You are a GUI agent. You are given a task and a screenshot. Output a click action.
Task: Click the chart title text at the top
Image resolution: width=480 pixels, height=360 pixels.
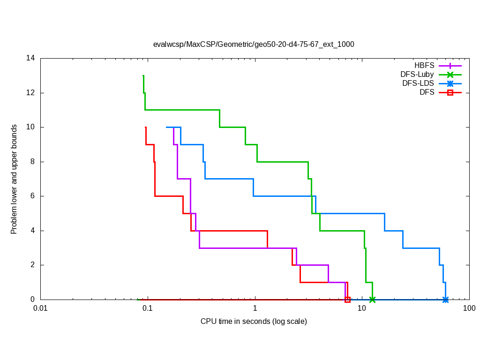[254, 45]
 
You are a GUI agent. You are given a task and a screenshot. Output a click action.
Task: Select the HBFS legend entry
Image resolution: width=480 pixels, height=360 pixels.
[424, 66]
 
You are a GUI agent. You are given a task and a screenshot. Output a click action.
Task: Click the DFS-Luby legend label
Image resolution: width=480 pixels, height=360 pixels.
[417, 75]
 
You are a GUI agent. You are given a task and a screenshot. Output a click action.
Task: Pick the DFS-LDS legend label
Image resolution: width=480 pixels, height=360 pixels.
[418, 83]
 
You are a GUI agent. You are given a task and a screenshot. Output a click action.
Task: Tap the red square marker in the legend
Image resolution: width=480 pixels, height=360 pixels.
[450, 92]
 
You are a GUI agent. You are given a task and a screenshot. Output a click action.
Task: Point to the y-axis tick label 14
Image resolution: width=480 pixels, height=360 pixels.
[31, 58]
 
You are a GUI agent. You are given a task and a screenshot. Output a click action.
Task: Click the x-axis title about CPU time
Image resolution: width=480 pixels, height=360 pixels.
[254, 322]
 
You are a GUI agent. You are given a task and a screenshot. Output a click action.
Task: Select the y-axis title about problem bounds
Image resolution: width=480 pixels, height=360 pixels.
[15, 179]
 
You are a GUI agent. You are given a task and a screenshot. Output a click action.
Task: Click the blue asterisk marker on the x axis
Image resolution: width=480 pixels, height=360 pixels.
[445, 300]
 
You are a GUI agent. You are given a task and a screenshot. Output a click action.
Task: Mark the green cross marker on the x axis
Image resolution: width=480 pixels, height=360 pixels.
[372, 300]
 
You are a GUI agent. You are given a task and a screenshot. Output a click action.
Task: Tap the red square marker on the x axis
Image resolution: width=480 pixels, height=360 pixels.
[347, 300]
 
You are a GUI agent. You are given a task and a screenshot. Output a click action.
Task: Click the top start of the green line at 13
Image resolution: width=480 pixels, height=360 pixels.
[143, 76]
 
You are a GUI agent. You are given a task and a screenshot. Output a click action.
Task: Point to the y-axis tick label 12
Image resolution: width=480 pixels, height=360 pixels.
[31, 93]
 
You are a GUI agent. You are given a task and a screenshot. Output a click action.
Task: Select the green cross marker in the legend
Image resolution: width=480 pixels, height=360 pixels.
[450, 75]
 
